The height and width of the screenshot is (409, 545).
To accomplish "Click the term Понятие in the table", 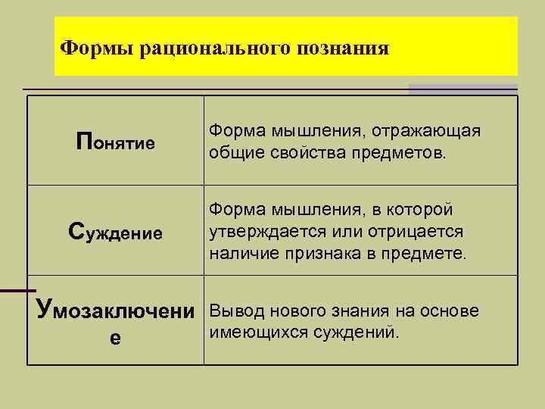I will point(116,142).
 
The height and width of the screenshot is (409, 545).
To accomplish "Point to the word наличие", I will point(246,252).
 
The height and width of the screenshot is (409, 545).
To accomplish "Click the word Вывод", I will point(234,311).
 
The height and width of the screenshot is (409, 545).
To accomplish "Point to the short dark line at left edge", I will point(17,290).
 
